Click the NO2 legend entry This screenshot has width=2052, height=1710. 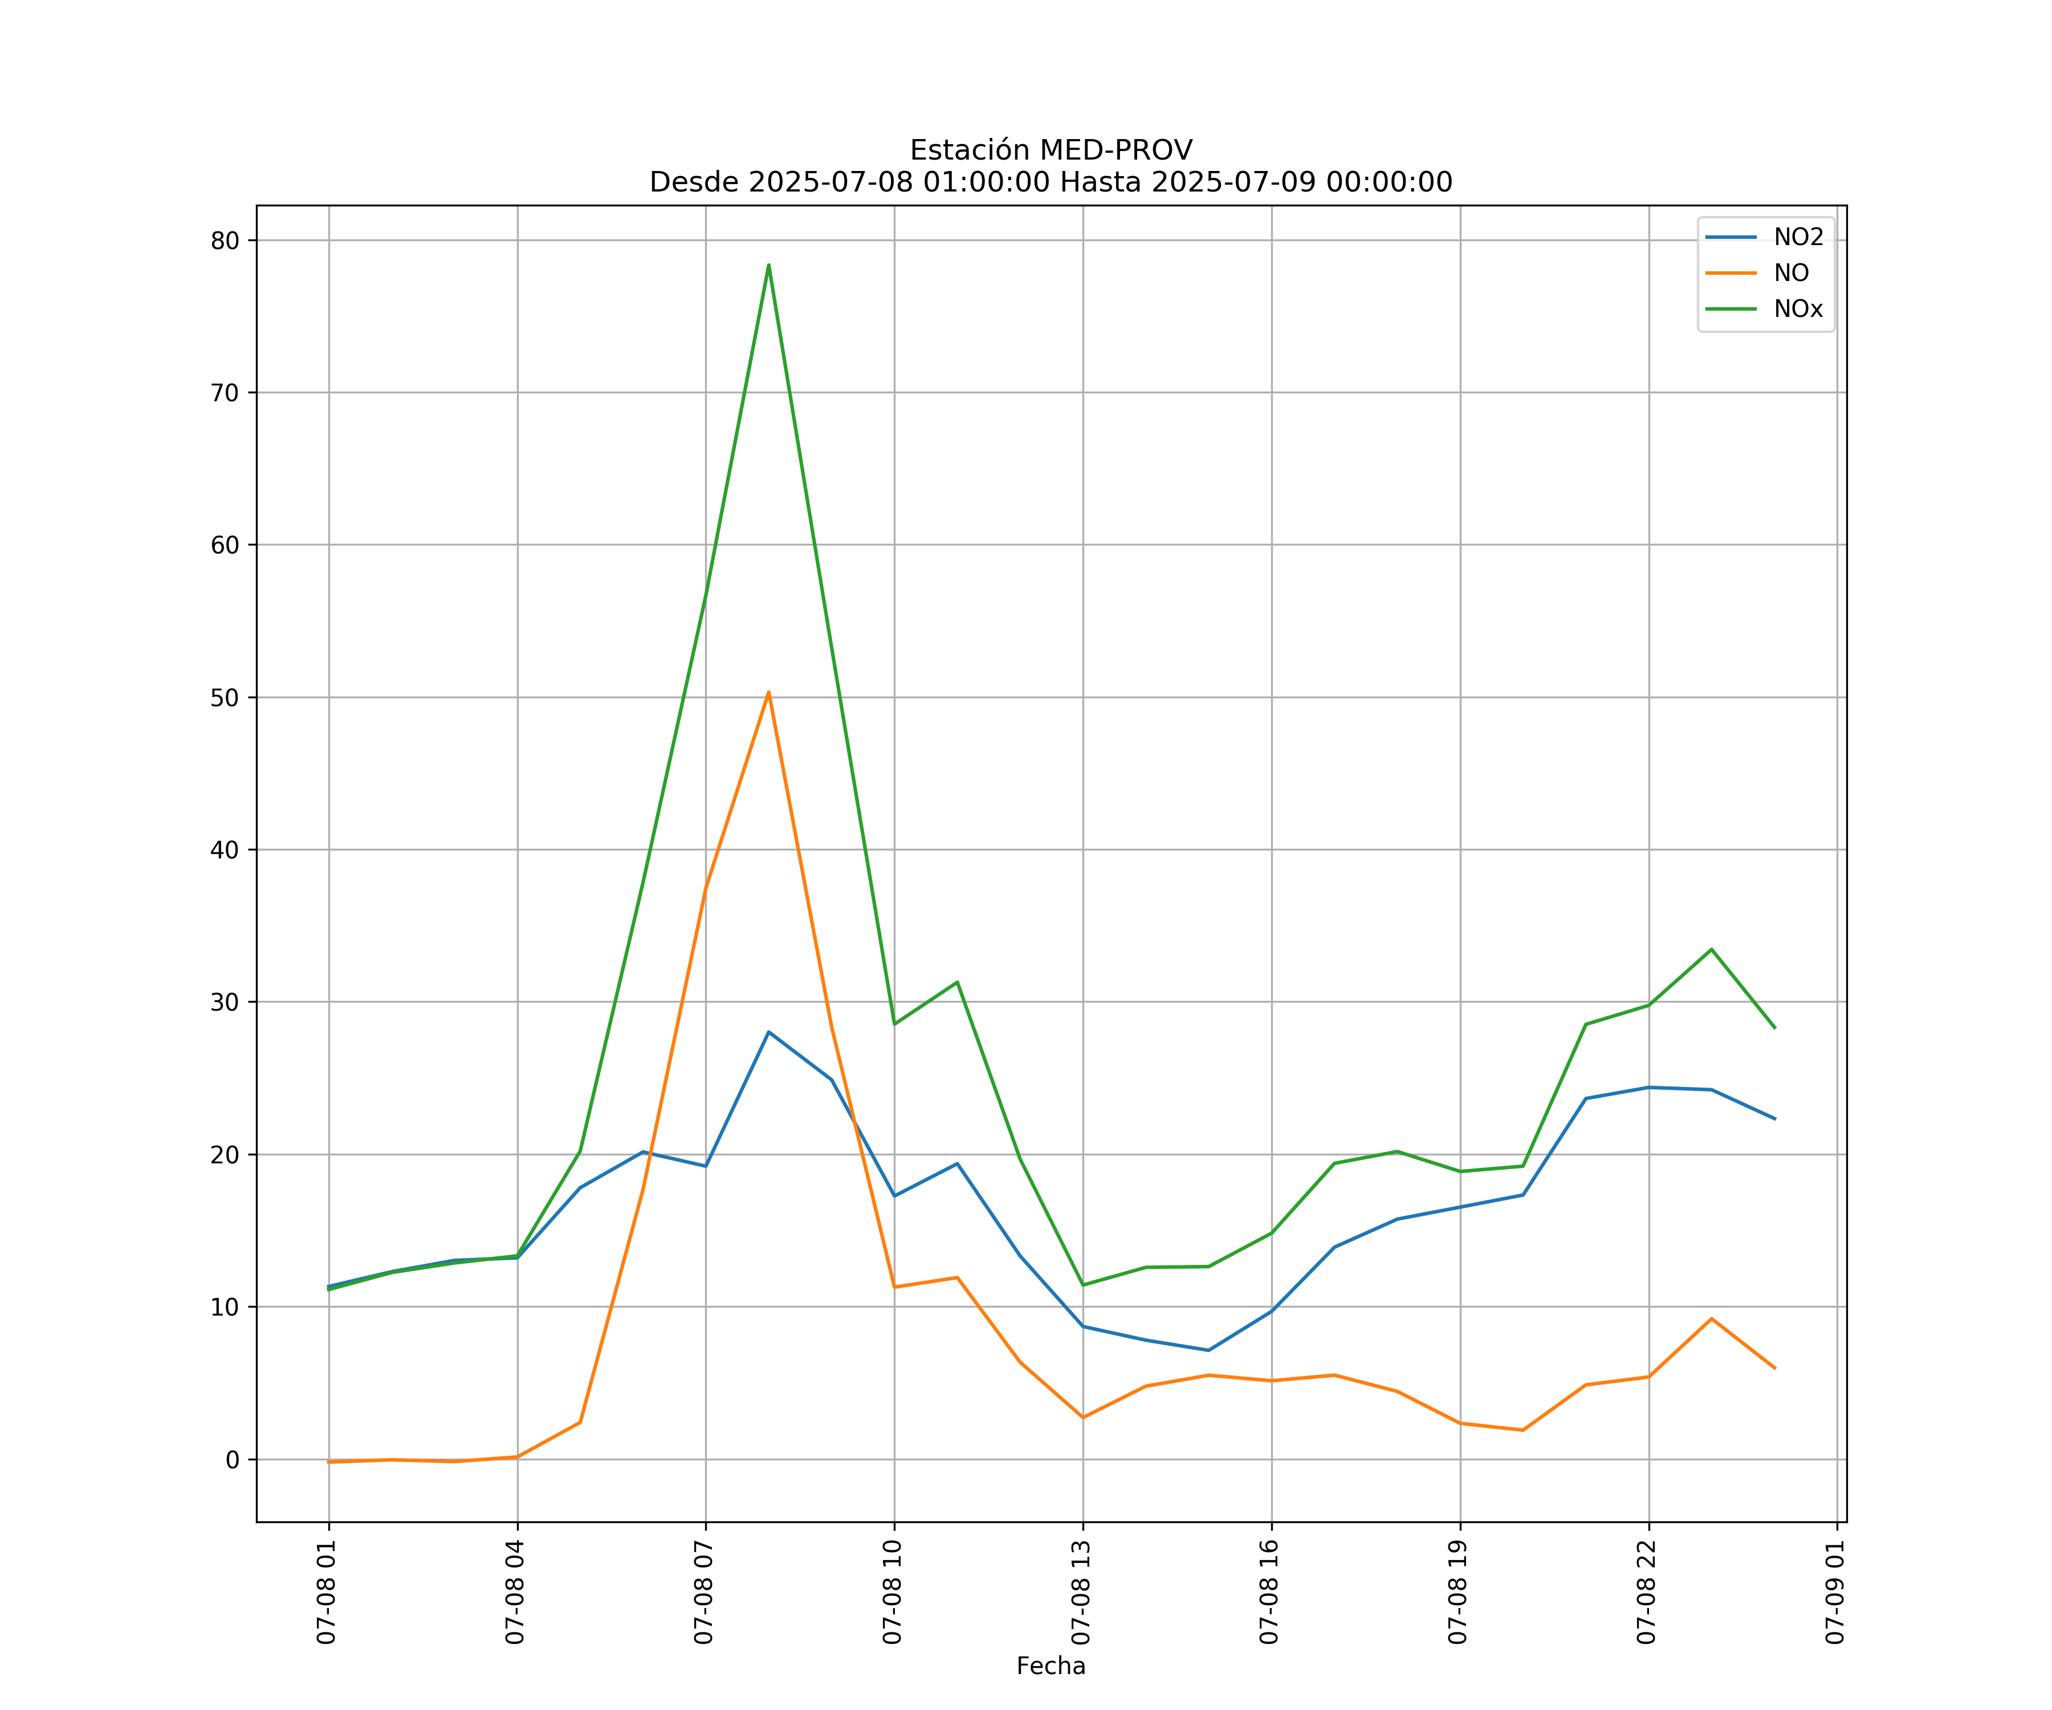point(1798,238)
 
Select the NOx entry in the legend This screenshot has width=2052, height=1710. point(1798,310)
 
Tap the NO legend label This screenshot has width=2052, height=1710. point(1791,274)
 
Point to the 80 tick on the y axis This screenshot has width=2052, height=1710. point(225,241)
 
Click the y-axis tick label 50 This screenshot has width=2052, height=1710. point(225,698)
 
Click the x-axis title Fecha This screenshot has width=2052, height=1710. point(1051,1666)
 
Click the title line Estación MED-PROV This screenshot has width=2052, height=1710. point(1051,150)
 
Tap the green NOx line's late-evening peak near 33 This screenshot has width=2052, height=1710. point(1711,950)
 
